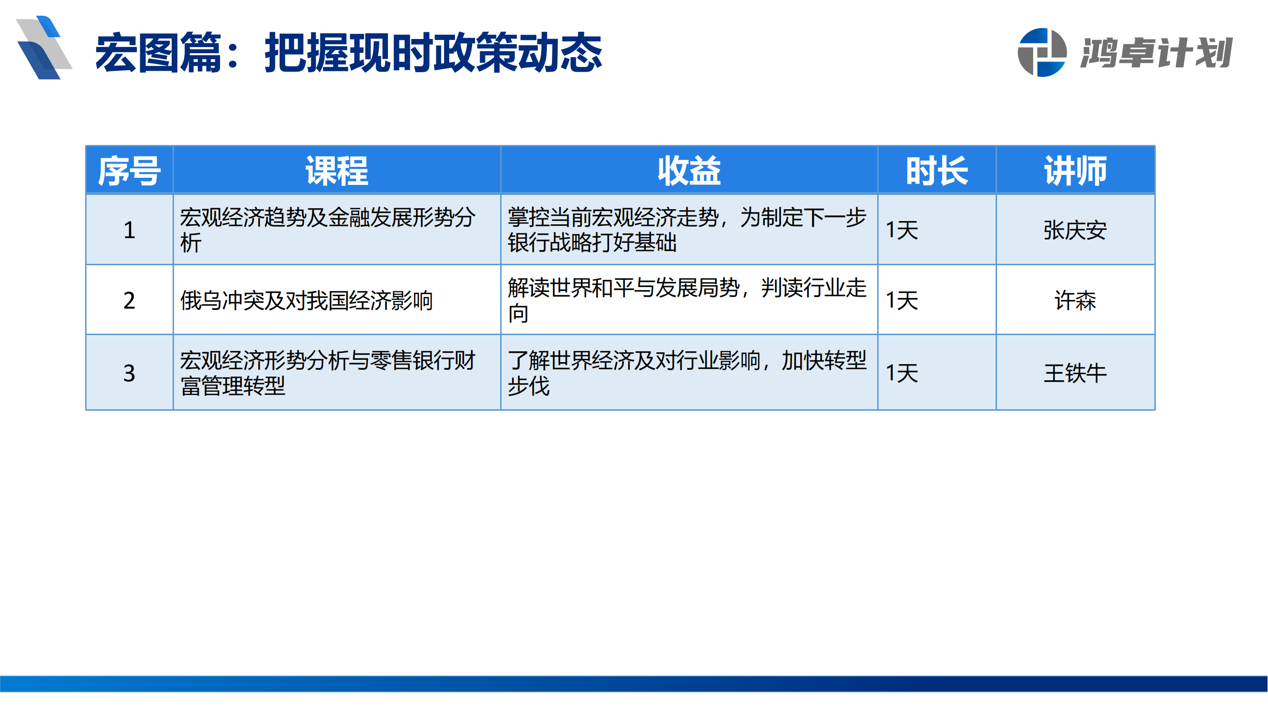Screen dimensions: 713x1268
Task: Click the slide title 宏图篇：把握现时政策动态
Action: coord(348,53)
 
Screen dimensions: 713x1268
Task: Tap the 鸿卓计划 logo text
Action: coord(1156,53)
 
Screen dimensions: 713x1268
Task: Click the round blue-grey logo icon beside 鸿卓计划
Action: coord(1042,53)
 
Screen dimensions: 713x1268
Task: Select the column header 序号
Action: coord(129,171)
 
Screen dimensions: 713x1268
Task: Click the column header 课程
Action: coord(337,171)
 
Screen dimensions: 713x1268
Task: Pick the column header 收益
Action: coord(689,171)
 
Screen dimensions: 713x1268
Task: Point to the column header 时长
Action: coord(937,171)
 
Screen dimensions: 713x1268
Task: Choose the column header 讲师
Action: coord(1075,171)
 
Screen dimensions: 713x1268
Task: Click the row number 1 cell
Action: coord(129,230)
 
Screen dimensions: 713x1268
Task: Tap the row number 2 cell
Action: coord(129,300)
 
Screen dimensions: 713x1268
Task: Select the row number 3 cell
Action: coord(129,373)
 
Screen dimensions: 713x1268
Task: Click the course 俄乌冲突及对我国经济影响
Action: coord(306,300)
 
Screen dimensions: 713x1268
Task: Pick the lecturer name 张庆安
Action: coord(1075,230)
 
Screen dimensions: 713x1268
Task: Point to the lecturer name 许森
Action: coord(1075,300)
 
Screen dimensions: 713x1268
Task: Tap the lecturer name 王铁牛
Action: coord(1075,373)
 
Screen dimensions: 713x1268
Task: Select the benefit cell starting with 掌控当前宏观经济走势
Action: coord(687,230)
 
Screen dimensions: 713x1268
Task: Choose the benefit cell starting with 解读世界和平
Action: coord(687,300)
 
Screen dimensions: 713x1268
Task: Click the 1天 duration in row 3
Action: coord(902,373)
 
